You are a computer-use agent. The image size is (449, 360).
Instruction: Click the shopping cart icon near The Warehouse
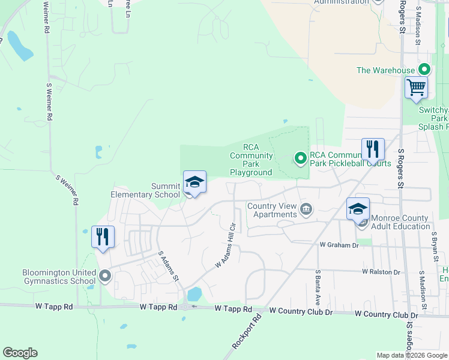coord(416,88)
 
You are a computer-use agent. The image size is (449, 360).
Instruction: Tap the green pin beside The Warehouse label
coord(424,70)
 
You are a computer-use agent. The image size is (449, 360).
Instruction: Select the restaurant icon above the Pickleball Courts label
coord(373,149)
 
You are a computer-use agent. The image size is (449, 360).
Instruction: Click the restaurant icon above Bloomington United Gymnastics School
coord(103,237)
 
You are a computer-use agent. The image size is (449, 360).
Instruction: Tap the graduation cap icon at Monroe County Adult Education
coord(358,209)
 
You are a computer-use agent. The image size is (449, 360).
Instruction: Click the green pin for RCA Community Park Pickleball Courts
coord(300,158)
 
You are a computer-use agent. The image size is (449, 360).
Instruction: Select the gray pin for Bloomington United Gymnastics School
coord(106,276)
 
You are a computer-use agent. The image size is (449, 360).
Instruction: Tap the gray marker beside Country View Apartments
coord(306,209)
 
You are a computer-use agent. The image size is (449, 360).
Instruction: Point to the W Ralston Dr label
coord(381,272)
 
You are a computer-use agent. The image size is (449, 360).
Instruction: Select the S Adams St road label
coord(167,267)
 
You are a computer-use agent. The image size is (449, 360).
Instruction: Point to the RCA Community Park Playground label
coord(251,160)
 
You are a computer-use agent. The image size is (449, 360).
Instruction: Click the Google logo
coord(20,353)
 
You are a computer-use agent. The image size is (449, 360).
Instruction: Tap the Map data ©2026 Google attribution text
coord(412,356)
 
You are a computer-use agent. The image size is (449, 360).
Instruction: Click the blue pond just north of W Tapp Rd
coord(194,294)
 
